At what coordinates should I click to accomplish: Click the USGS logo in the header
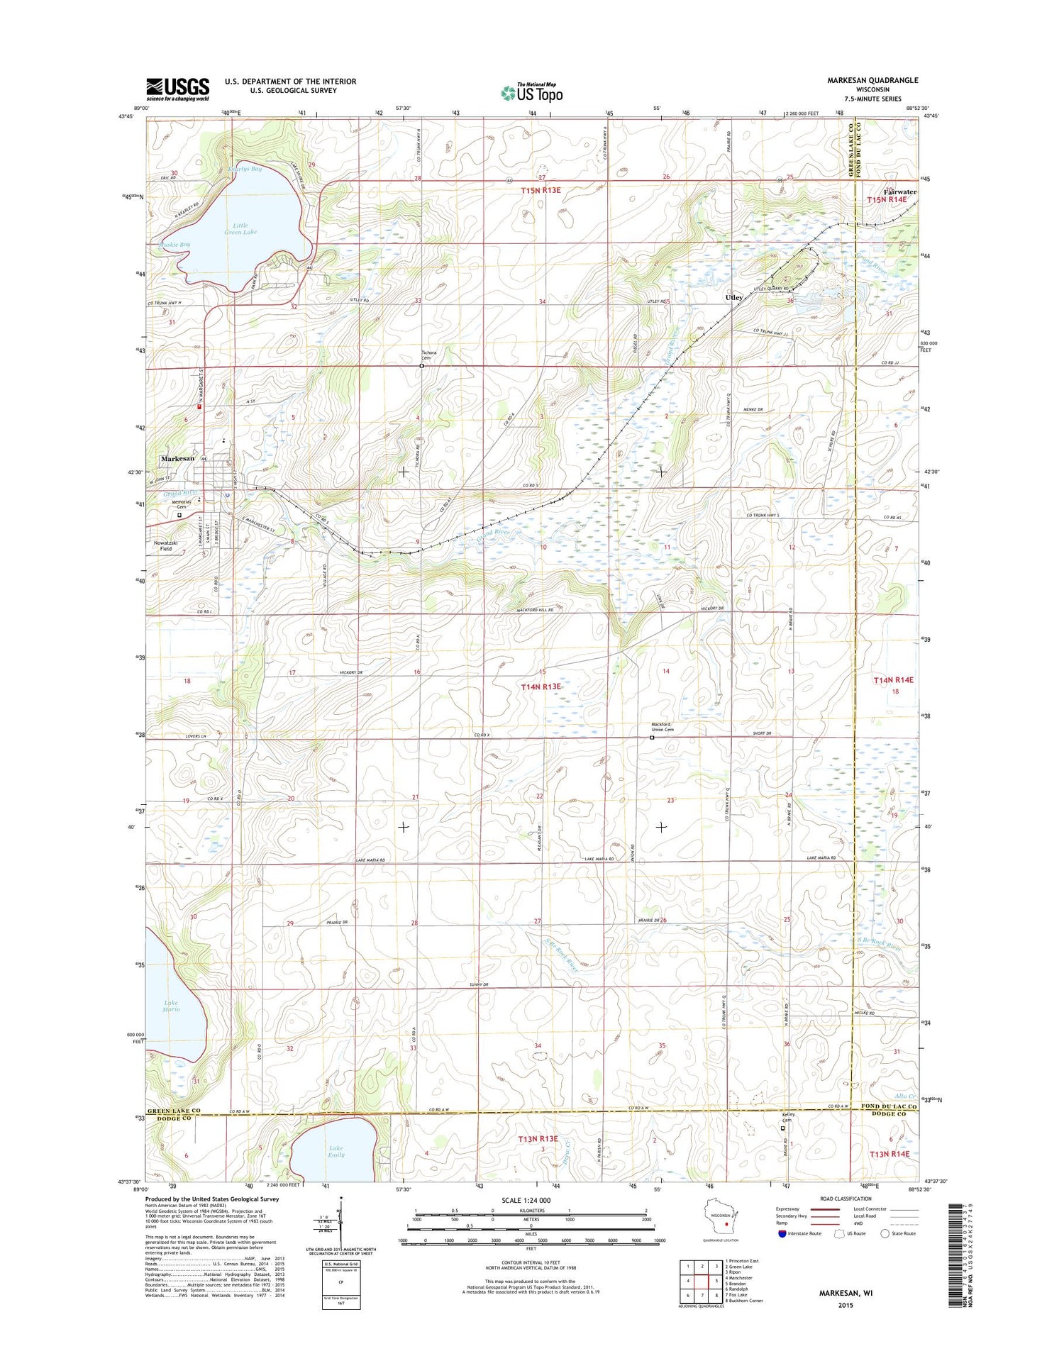(177, 89)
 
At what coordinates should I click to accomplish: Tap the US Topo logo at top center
(532, 92)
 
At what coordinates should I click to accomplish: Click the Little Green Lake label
(240, 228)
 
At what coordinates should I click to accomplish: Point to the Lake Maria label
(171, 1006)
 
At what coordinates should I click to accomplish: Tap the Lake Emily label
(336, 1151)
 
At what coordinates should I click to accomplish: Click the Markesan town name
(177, 459)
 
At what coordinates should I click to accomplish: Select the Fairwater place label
(899, 192)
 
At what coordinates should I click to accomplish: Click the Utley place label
(733, 298)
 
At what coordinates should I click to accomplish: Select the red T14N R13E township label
(541, 687)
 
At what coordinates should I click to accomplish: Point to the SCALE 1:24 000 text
(526, 1200)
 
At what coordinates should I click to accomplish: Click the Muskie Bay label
(170, 245)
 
